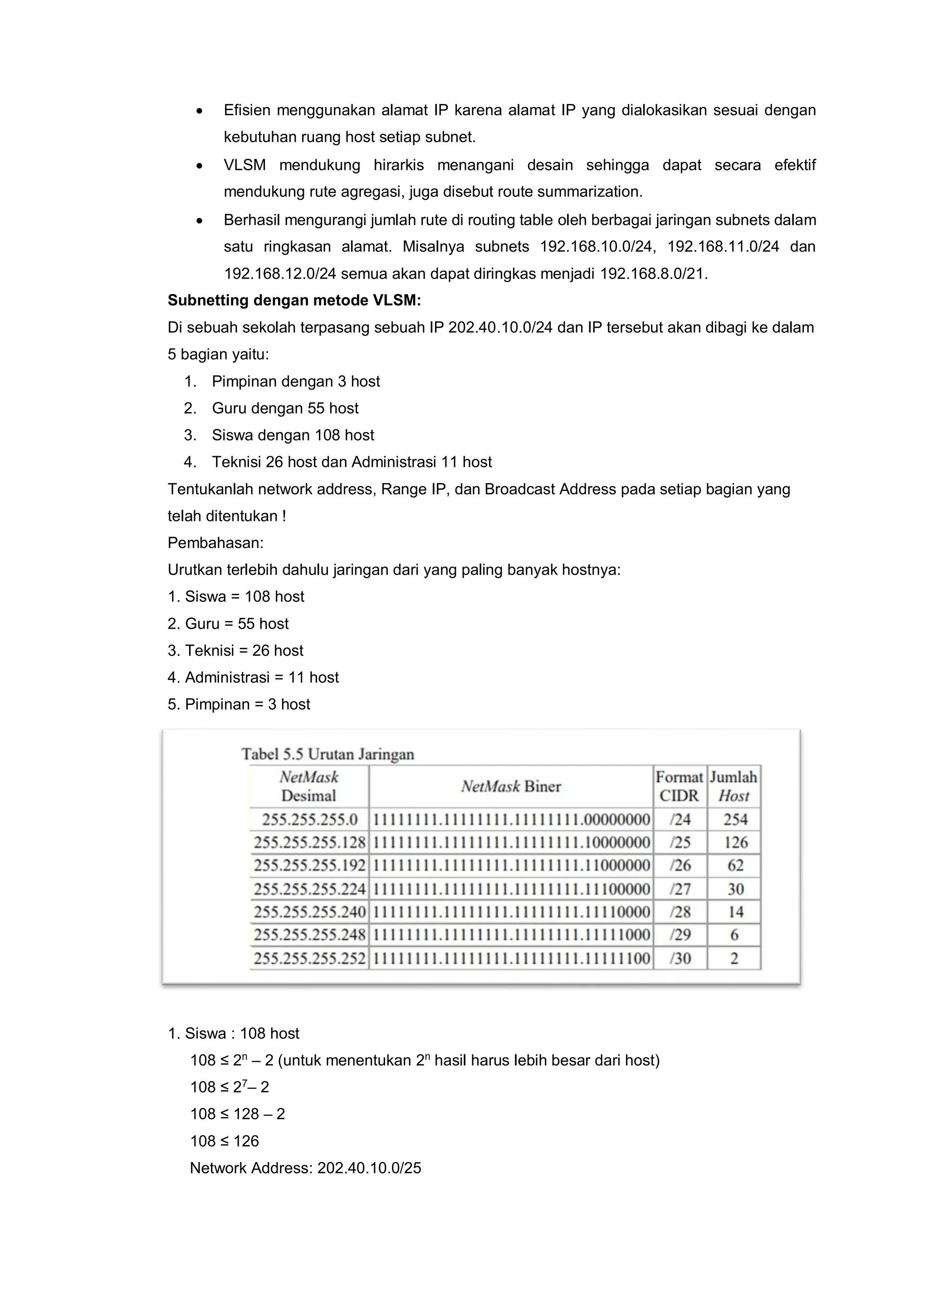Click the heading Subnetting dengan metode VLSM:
point(294,300)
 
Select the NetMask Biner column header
point(510,786)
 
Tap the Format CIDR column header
point(679,786)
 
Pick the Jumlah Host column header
point(733,786)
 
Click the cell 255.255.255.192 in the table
point(309,865)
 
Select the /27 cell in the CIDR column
point(680,889)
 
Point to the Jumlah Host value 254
point(735,820)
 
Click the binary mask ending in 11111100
point(511,958)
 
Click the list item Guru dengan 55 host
point(285,408)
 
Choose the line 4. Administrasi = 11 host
point(253,678)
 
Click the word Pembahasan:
point(215,542)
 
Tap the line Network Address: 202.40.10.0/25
point(305,1168)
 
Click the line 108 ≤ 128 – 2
point(237,1114)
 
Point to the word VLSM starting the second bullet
point(245,165)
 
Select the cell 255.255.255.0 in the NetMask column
point(309,820)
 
